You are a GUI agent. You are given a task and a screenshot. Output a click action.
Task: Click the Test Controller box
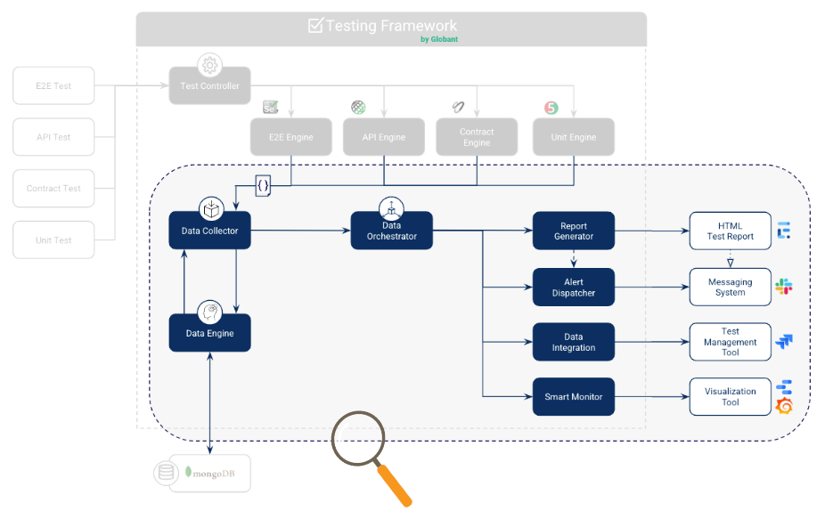tap(209, 86)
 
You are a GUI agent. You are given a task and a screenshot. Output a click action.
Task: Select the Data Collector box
tap(209, 231)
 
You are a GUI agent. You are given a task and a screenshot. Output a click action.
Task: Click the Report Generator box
tap(573, 231)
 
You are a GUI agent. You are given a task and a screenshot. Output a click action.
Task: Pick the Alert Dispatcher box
tap(573, 287)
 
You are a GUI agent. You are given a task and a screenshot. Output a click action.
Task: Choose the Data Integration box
tap(573, 342)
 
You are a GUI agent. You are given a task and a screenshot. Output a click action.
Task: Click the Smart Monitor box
tap(573, 396)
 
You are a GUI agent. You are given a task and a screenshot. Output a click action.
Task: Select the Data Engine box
tap(209, 333)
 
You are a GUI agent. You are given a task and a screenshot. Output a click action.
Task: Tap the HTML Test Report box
tap(730, 231)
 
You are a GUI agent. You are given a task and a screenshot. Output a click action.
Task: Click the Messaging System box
tap(730, 287)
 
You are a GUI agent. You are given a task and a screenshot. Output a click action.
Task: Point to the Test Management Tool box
tap(730, 342)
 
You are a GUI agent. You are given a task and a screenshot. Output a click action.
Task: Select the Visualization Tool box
tap(730, 396)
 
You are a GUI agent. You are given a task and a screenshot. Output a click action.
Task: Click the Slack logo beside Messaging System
tap(784, 287)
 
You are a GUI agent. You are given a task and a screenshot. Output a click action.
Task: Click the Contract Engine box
tap(477, 137)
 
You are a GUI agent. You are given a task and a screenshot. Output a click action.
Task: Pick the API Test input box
tap(53, 137)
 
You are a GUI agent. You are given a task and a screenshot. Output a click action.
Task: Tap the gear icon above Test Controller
tap(210, 65)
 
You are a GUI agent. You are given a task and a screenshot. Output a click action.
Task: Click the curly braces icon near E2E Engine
tap(263, 186)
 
